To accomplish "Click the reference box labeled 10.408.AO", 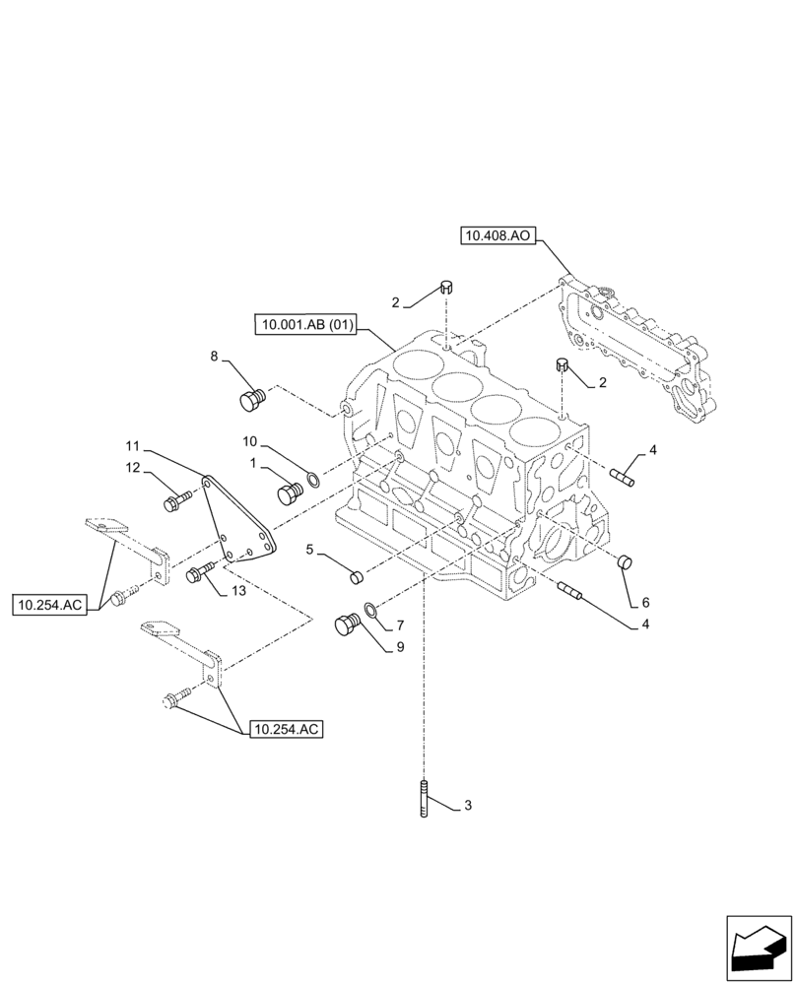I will (x=497, y=235).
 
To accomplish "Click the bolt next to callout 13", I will (x=200, y=571).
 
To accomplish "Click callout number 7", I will (x=400, y=625).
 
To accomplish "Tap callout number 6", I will (x=645, y=602).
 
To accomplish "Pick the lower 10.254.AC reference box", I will (x=287, y=730).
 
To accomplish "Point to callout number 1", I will (x=253, y=462).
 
